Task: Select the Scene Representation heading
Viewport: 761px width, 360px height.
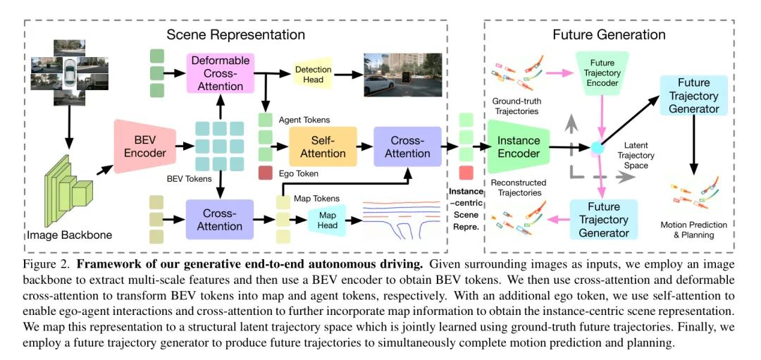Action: click(235, 34)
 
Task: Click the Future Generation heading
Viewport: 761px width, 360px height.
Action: click(609, 34)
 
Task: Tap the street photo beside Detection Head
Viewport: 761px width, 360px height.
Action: click(402, 75)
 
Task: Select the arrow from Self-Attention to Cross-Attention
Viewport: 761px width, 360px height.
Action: click(364, 147)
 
